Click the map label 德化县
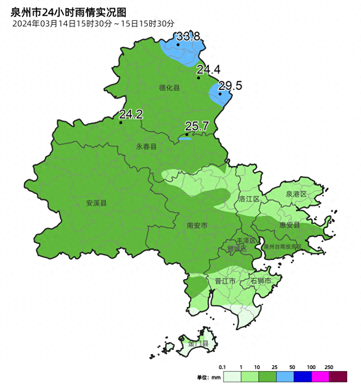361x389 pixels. coord(169,88)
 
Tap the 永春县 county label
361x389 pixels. coord(146,147)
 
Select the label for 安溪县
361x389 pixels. coord(96,203)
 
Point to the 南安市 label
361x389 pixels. coord(197,226)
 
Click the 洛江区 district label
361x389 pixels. coord(249,199)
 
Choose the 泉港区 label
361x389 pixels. coord(296,194)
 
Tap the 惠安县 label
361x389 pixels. coord(289,225)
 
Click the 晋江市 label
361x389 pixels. coord(225,281)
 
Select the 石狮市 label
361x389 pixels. coord(261,281)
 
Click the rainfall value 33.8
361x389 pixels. coord(188,36)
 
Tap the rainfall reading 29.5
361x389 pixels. coord(230,86)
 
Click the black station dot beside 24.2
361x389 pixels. coord(121,123)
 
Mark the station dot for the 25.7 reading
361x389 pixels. coord(187,134)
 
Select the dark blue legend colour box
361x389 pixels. coord(303,377)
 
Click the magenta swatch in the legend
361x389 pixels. coord(320,377)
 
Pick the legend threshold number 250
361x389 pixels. coord(329,368)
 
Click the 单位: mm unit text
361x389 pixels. coord(209,378)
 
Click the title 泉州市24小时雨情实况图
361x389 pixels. coord(68,13)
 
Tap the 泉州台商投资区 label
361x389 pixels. coord(283,247)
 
